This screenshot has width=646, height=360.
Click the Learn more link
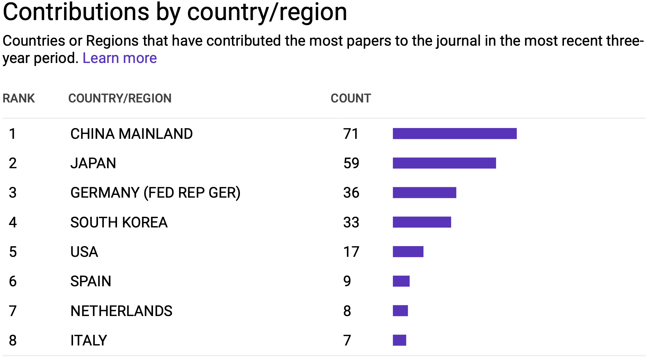[x=119, y=58]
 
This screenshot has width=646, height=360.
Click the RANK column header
[x=19, y=98]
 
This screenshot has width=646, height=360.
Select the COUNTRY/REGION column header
[x=120, y=98]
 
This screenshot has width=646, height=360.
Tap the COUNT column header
[x=351, y=98]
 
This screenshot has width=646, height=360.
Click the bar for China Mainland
[x=455, y=134]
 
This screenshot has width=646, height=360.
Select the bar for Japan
[x=444, y=163]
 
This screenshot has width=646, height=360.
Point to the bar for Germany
[x=424, y=192]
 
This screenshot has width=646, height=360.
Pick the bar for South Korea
[x=422, y=222]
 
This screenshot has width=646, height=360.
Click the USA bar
[x=408, y=252]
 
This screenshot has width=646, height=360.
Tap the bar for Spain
[x=401, y=281]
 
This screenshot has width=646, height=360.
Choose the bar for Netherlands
[x=400, y=311]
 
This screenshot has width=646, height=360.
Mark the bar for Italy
[x=399, y=340]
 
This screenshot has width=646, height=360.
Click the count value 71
[x=351, y=134]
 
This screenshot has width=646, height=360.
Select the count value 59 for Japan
[x=351, y=163]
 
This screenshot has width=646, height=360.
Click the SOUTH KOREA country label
[x=119, y=222]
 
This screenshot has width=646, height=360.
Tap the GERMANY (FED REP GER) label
[x=155, y=192]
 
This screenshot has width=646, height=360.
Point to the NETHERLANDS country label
[x=121, y=311]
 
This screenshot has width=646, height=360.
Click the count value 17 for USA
[x=351, y=252]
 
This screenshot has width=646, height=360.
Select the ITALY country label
[x=89, y=340]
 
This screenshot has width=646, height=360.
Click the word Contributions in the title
[x=76, y=12]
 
